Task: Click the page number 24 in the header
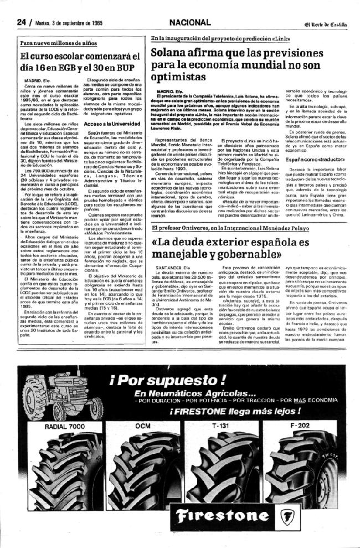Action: tap(22, 23)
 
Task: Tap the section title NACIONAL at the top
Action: tap(190, 23)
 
